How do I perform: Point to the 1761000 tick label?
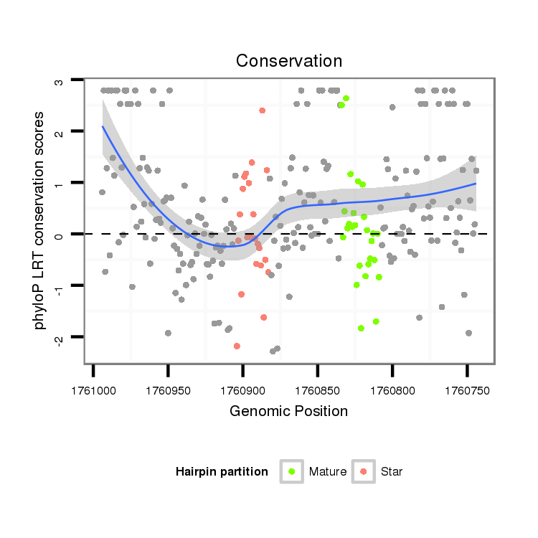coord(93,390)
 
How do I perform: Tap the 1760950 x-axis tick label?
coord(168,390)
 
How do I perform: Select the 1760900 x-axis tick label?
coord(242,390)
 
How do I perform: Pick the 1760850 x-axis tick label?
coord(317,390)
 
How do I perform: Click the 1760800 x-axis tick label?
coord(392,390)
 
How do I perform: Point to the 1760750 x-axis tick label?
coord(466,390)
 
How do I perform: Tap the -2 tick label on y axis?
coord(60,337)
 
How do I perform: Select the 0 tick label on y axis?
coord(60,235)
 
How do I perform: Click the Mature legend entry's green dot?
coord(292,471)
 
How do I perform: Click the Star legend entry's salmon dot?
coord(364,471)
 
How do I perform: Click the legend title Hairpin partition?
coord(222,472)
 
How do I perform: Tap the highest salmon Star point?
coord(263,110)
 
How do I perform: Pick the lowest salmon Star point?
coord(237,346)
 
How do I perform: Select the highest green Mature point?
coord(346,98)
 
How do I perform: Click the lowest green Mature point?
coord(362,328)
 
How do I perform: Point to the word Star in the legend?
coord(392,472)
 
